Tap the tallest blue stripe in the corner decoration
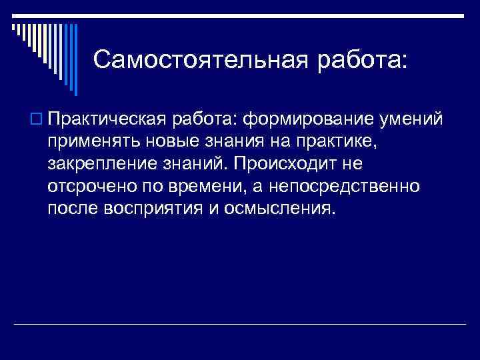click(x=75, y=60)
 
